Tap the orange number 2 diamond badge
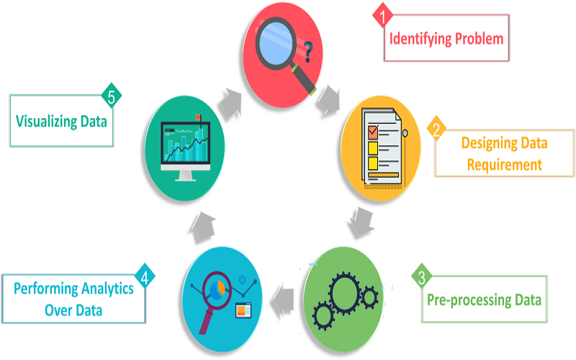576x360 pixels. [x=435, y=130]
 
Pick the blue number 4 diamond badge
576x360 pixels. [x=146, y=276]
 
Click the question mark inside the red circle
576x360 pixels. [x=308, y=51]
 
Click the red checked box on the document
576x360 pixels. [x=373, y=132]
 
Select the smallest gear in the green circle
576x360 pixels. [x=369, y=296]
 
